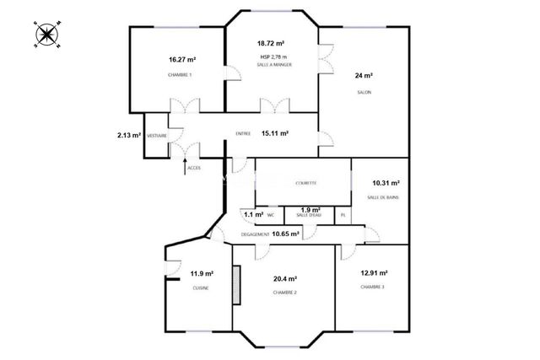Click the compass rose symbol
tap(46, 35)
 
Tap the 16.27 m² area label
tap(181, 60)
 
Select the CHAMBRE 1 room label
tap(181, 75)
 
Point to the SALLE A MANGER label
tap(274, 64)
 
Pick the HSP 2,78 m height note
tap(273, 56)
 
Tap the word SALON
tap(364, 92)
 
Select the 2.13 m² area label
tap(128, 135)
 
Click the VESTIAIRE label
tap(156, 136)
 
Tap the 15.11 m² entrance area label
tap(275, 133)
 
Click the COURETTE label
tap(306, 183)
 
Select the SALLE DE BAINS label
tap(384, 197)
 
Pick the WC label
tap(271, 215)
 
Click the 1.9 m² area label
tap(310, 209)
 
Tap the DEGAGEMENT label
tap(255, 234)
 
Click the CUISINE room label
tap(201, 288)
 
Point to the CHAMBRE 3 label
tap(372, 287)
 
